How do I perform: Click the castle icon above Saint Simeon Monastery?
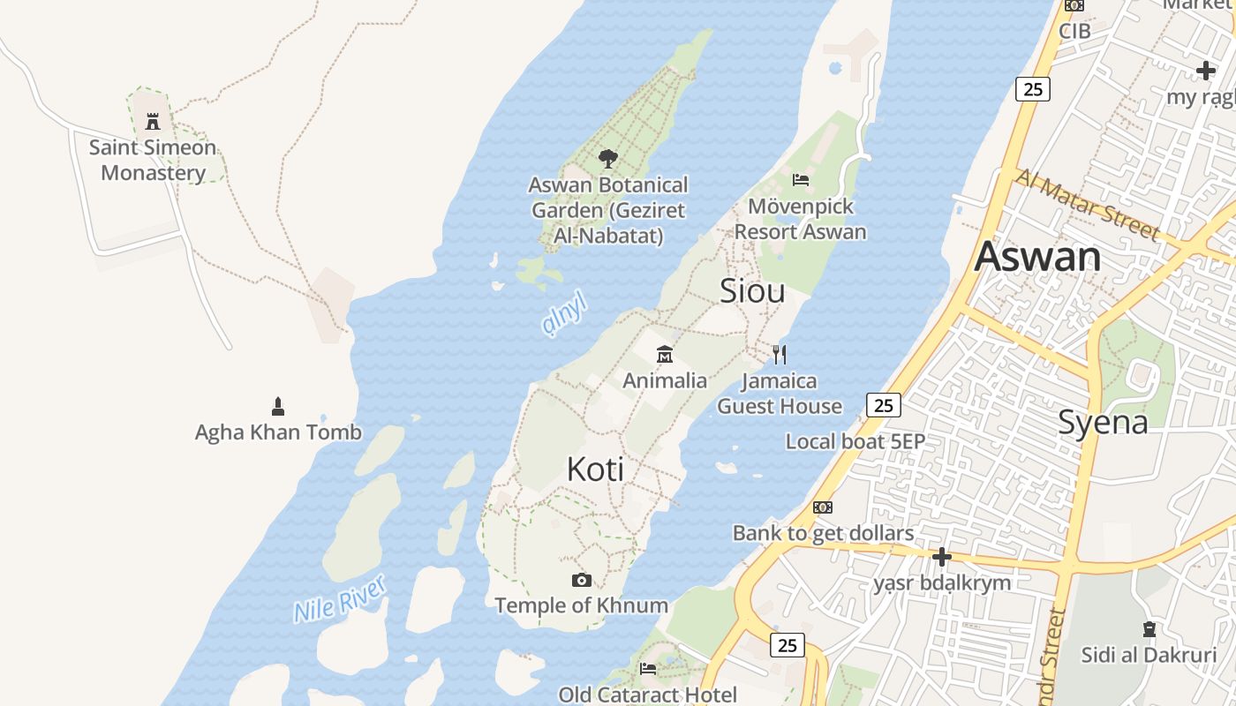click(153, 121)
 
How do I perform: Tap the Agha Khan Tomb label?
click(278, 432)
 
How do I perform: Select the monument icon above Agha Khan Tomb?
click(278, 407)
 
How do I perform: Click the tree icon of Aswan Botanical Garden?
click(607, 159)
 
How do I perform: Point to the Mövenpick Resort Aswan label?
click(800, 219)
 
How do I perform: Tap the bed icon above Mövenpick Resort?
click(801, 180)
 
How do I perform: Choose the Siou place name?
click(752, 290)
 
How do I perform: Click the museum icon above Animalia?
click(665, 355)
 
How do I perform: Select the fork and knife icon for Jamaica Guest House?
click(779, 355)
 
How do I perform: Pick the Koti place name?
click(595, 469)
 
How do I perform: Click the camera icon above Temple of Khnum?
click(581, 580)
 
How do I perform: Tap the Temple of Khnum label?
click(581, 605)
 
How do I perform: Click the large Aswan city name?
click(1038, 257)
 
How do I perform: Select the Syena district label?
click(1103, 423)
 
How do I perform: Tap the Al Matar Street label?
click(1087, 205)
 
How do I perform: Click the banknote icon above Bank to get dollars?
click(823, 507)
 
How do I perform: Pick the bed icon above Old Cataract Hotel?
click(648, 668)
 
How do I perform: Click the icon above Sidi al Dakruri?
click(1149, 629)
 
